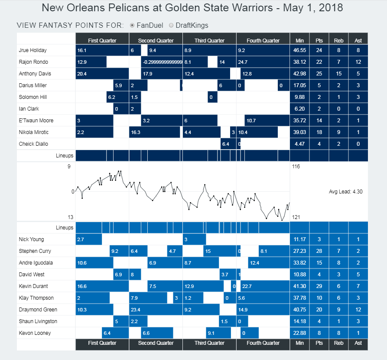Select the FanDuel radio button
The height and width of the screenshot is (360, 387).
click(133, 25)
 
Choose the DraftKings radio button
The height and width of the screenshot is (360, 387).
click(171, 25)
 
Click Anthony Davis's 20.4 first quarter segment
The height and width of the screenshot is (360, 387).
click(102, 74)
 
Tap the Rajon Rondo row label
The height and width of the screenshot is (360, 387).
click(33, 62)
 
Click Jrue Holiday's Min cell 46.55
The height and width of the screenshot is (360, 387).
click(299, 50)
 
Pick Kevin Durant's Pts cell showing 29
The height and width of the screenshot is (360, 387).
click(319, 286)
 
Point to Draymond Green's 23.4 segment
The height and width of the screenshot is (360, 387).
click(156, 310)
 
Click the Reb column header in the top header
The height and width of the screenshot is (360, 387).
click(338, 40)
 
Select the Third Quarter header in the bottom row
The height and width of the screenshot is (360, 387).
click(209, 343)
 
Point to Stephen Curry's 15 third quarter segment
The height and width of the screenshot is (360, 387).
click(219, 251)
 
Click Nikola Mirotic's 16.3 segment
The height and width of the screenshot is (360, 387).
click(154, 132)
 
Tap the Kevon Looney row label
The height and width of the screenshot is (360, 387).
click(35, 333)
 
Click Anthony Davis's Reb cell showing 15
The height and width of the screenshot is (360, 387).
click(338, 74)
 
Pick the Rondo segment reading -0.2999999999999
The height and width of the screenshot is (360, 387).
click(162, 62)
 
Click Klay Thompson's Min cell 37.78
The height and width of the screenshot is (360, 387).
click(299, 298)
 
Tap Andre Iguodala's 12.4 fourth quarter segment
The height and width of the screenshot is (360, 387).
click(268, 263)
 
